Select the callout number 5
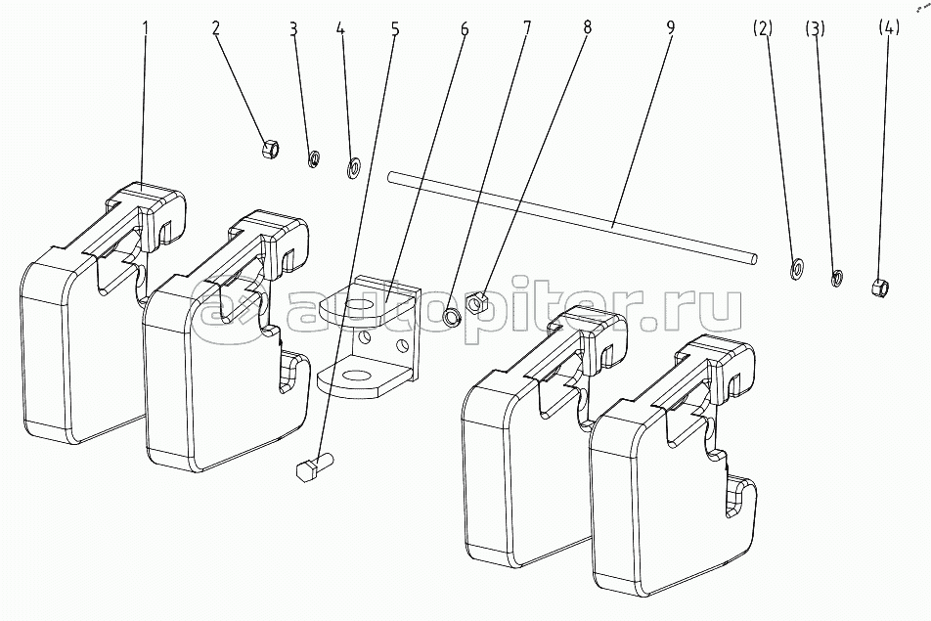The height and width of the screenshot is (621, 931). click(x=395, y=28)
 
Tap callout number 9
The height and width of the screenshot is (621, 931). click(x=671, y=28)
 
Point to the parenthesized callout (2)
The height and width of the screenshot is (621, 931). click(x=763, y=28)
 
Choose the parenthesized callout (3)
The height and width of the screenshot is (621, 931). click(x=816, y=28)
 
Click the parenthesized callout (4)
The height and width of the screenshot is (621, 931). click(x=887, y=28)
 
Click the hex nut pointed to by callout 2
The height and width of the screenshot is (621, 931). click(x=271, y=149)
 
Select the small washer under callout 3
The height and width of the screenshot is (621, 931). click(x=315, y=158)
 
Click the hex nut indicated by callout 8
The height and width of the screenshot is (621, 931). click(x=478, y=301)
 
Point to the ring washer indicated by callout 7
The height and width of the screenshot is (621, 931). click(x=452, y=316)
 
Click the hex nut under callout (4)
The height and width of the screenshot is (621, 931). click(x=880, y=287)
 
